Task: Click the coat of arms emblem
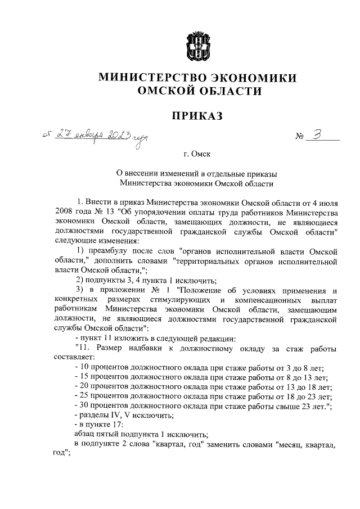point(197,46)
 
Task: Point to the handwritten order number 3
point(318,136)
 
